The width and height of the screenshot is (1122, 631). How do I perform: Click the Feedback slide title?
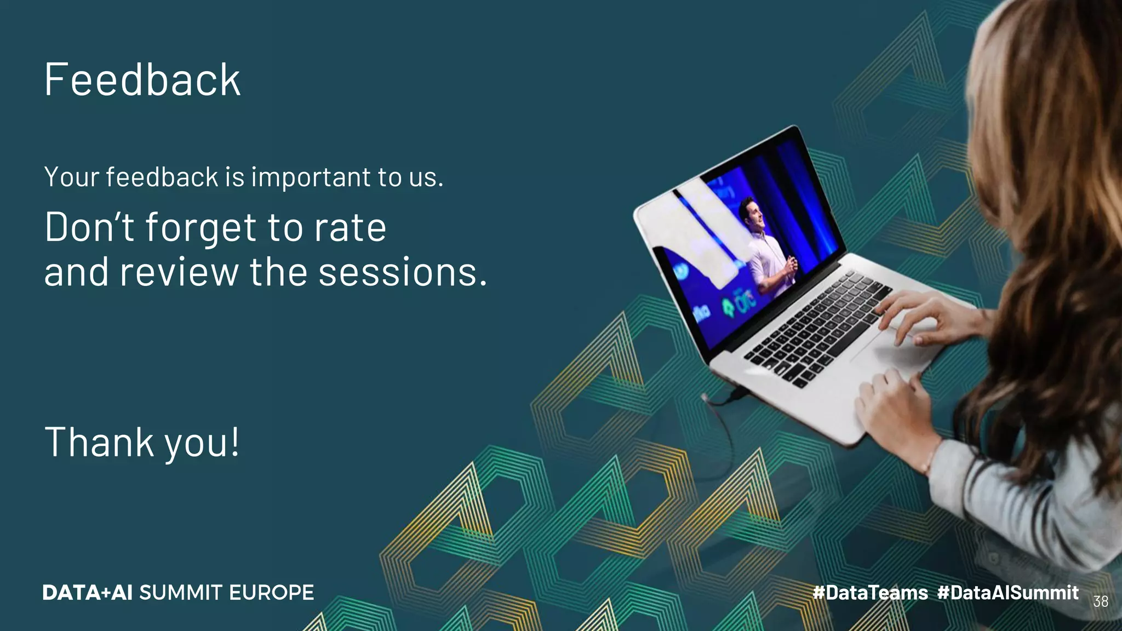point(142,80)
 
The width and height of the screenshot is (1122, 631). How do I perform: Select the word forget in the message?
point(200,227)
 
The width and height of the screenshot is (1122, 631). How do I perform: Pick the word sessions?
point(402,272)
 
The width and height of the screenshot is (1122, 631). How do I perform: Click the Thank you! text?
point(142,443)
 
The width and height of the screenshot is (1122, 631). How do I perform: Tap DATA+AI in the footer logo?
point(87,593)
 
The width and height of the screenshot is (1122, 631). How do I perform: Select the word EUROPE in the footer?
point(271,593)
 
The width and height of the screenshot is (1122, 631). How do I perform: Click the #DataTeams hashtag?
point(870,593)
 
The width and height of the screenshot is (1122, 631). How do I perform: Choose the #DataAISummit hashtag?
point(1007,593)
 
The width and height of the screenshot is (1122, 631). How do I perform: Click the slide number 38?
point(1100,601)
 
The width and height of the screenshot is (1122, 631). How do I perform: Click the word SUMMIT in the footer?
point(181,593)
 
